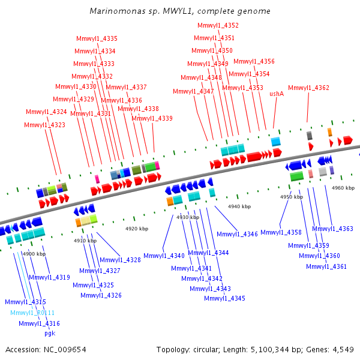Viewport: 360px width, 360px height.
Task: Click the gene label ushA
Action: (x=277, y=94)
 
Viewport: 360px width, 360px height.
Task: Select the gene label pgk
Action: (x=50, y=334)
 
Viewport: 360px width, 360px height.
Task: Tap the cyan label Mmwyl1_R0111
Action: (x=32, y=313)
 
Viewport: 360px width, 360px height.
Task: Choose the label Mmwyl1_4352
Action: (x=218, y=25)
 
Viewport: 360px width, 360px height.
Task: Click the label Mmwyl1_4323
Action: (x=45, y=125)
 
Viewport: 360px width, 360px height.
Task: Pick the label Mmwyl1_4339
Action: (x=152, y=118)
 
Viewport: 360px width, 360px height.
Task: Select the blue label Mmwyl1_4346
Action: (x=237, y=234)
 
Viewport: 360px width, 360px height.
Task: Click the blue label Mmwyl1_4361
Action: (x=326, y=266)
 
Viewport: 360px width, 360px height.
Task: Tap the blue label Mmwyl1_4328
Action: (x=120, y=260)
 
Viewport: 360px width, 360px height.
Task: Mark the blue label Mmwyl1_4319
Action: (x=49, y=277)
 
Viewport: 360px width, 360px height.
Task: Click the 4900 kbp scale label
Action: (x=34, y=254)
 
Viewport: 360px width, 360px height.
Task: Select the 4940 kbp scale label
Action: (x=239, y=206)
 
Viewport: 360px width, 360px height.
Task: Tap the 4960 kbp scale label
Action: (x=343, y=188)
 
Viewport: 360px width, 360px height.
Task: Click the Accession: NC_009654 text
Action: (x=46, y=349)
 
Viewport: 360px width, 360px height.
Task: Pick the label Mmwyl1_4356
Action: (x=254, y=61)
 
